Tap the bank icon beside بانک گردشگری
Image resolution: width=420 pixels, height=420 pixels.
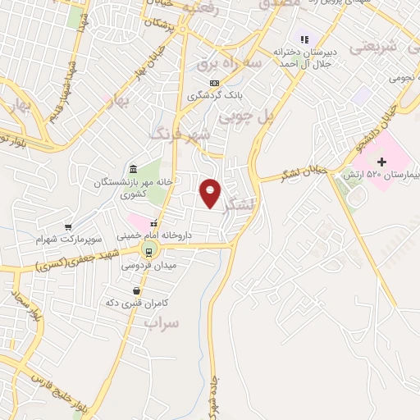pyautogui.click(x=214, y=83)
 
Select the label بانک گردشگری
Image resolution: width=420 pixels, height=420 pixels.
pyautogui.click(x=215, y=97)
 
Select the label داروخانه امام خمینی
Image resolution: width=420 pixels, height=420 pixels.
pyautogui.click(x=153, y=235)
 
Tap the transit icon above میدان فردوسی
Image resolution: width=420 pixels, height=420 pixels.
pyautogui.click(x=148, y=252)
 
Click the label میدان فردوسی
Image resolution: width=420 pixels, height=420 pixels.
pyautogui.click(x=148, y=265)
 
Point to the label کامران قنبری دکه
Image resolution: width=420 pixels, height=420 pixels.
pyautogui.click(x=132, y=303)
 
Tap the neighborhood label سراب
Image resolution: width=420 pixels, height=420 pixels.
pyautogui.click(x=162, y=322)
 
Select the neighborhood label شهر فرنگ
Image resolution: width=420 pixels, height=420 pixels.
pyautogui.click(x=180, y=132)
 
